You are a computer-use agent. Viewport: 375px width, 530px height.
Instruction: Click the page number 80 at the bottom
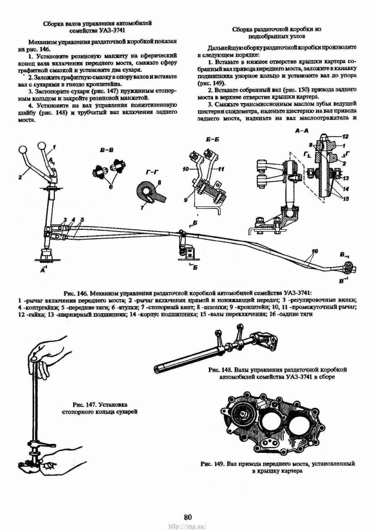187,517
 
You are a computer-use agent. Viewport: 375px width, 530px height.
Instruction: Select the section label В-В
106,152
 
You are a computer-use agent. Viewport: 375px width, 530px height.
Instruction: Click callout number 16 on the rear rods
315,251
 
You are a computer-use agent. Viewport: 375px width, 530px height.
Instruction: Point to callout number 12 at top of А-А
345,136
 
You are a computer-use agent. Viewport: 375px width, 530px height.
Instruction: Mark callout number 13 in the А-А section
345,178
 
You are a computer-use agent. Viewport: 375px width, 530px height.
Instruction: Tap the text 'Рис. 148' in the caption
220,370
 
